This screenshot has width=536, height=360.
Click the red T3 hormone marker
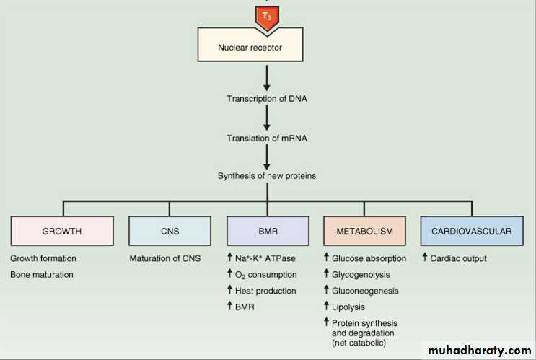coord(267,17)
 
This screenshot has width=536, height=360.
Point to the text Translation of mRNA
coord(267,138)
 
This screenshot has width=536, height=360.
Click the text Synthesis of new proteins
coord(267,175)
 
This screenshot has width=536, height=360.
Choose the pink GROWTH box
coord(62,232)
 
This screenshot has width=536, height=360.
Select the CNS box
coord(164,232)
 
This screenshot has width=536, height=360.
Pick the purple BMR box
coord(267,232)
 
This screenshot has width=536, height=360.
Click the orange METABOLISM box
coord(365,232)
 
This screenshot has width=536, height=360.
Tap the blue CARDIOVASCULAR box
coord(472,232)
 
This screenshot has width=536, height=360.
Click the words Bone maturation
coord(42,275)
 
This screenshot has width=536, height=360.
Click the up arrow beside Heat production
coord(230,291)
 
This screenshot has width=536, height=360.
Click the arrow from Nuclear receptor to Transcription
coord(267,77)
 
